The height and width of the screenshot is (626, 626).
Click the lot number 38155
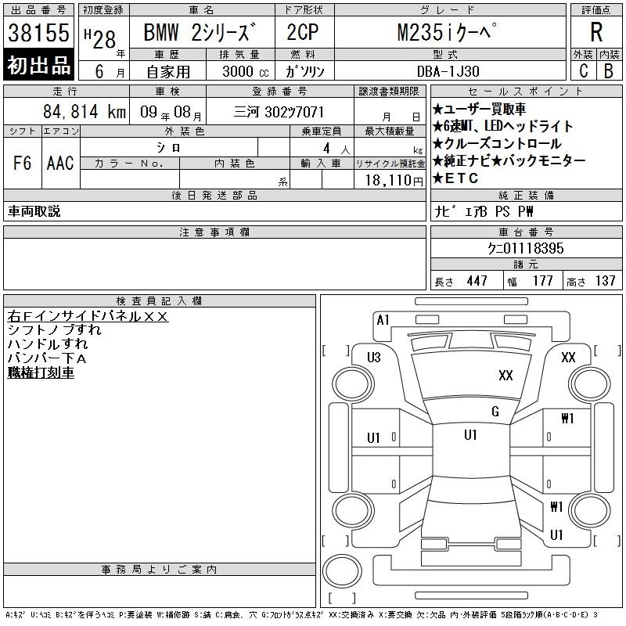[38, 33]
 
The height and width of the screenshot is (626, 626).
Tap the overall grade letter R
[596, 32]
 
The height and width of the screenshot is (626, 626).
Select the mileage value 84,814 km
[85, 111]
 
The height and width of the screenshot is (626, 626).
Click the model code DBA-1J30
[448, 71]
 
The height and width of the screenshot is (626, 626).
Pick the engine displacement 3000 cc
[246, 71]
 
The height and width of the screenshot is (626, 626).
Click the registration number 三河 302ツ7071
[279, 112]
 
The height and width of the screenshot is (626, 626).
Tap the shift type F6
[23, 163]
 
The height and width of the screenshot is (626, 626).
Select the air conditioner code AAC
[60, 163]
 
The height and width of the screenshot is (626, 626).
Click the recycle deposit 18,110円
[394, 181]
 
